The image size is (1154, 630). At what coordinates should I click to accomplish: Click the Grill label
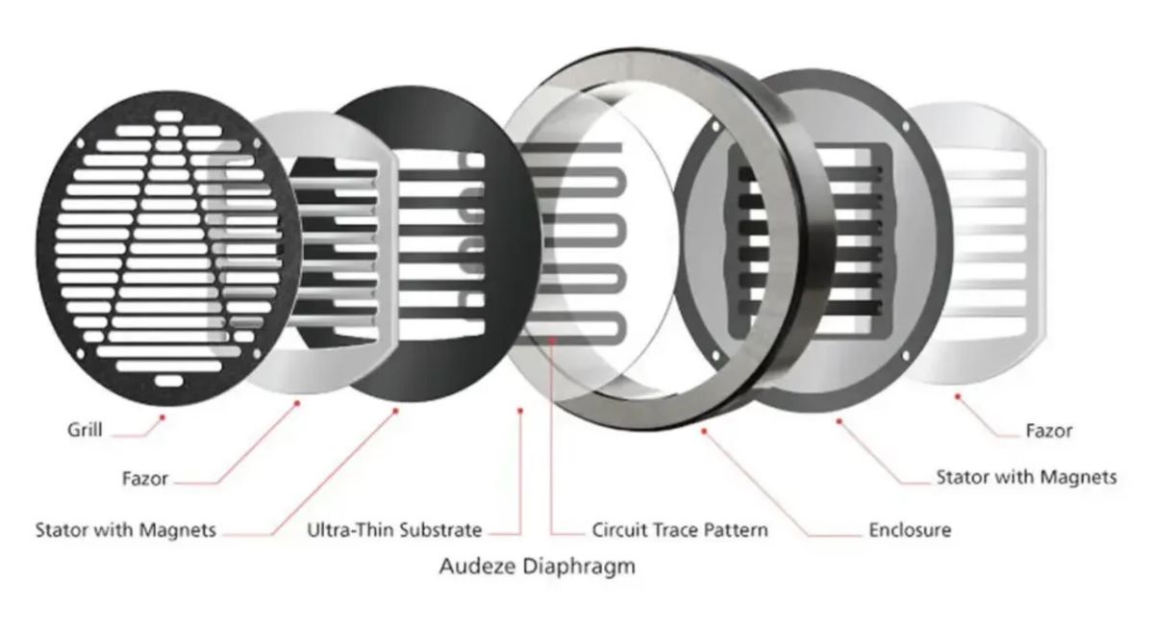click(85, 430)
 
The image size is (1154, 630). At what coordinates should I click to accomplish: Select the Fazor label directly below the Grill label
click(145, 479)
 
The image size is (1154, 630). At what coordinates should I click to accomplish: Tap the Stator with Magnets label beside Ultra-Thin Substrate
click(125, 530)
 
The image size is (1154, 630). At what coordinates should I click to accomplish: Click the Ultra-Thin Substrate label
click(394, 530)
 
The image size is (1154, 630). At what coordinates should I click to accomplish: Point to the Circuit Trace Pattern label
click(680, 530)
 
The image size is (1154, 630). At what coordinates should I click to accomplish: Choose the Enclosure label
click(910, 530)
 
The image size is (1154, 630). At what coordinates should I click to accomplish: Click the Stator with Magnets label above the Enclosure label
click(1026, 477)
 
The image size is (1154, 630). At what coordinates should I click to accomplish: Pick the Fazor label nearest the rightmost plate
click(1049, 430)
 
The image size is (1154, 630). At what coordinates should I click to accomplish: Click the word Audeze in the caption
click(477, 567)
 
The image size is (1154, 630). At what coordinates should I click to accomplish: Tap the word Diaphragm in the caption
click(579, 567)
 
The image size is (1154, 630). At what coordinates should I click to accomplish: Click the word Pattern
click(735, 530)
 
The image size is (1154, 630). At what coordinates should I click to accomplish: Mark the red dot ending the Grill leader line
click(163, 417)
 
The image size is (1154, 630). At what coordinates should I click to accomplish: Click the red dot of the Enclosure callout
click(704, 431)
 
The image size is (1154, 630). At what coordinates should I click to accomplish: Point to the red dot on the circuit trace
click(552, 340)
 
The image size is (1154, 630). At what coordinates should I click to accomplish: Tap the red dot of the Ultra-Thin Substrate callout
click(520, 411)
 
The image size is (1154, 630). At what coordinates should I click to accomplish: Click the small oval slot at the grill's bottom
click(168, 381)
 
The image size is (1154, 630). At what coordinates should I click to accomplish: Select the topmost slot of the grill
click(169, 116)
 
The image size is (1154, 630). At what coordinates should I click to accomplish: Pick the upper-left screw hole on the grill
click(80, 142)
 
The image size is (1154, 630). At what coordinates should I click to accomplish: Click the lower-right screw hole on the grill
click(257, 354)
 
